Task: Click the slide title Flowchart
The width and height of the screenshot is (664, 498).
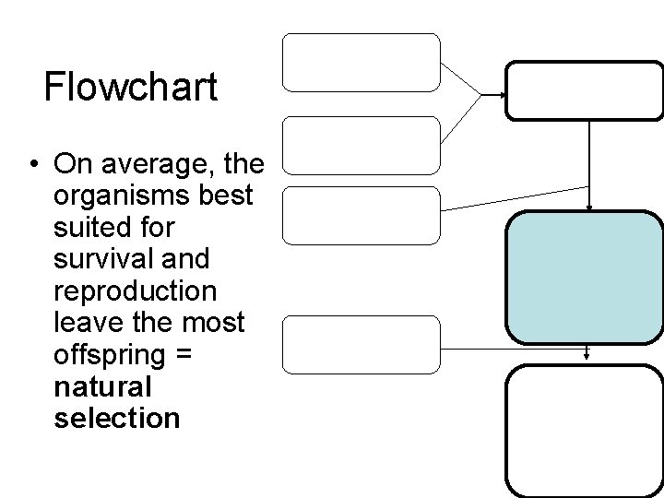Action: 130,88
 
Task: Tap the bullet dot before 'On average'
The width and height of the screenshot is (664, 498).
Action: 32,166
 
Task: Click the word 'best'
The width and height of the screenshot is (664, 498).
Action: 236,197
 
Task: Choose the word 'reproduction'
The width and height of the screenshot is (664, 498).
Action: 136,292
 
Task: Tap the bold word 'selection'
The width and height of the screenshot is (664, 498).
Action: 117,419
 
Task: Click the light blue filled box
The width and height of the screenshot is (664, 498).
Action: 584,277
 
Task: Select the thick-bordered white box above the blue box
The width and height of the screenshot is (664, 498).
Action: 584,91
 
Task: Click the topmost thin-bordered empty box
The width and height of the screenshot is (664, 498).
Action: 361,63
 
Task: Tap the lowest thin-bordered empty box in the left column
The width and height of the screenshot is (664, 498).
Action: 361,345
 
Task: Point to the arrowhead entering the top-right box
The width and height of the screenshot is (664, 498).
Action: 502,95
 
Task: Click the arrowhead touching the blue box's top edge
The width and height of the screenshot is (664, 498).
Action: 590,207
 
